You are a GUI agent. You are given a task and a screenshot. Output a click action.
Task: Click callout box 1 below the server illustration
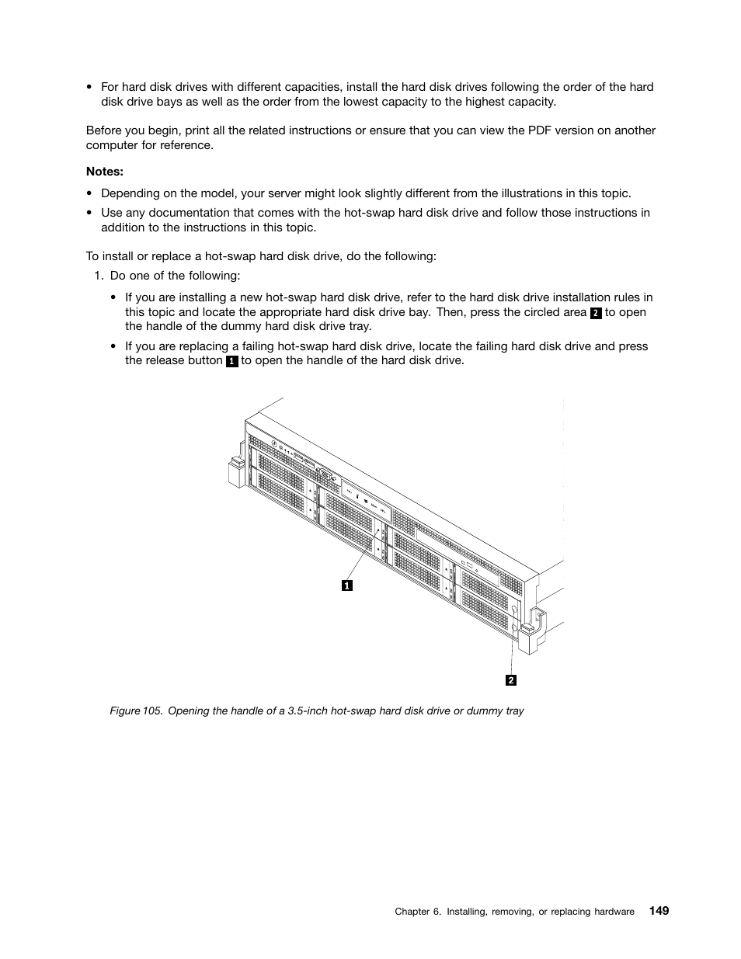point(347,585)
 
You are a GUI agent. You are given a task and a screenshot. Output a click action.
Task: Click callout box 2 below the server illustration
point(511,680)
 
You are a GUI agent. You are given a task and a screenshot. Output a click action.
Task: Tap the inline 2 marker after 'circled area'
point(596,313)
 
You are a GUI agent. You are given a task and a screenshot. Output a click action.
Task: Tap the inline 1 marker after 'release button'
point(231,362)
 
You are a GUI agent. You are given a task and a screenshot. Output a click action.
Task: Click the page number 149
point(659,911)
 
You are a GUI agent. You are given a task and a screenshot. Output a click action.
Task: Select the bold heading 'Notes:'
point(105,172)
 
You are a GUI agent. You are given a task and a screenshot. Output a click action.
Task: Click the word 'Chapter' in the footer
point(412,912)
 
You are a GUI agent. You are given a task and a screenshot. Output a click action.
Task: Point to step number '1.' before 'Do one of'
point(99,276)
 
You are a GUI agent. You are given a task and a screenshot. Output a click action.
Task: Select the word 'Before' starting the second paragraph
point(103,130)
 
